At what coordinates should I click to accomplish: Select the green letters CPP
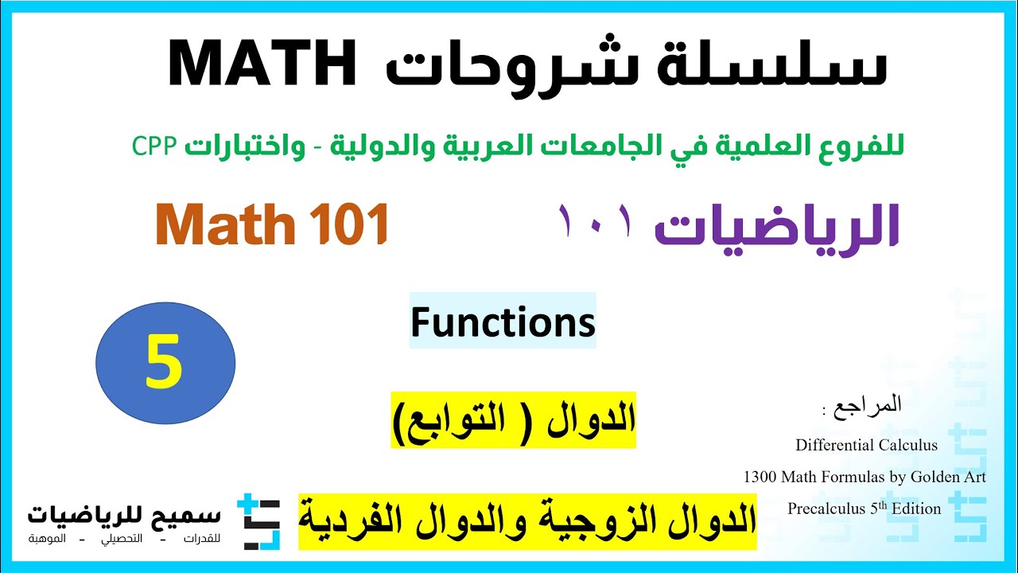(153, 146)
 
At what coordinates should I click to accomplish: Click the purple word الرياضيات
(775, 228)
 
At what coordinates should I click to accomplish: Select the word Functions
(503, 322)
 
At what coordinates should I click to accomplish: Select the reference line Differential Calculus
(866, 446)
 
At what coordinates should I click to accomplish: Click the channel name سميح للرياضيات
(124, 514)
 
